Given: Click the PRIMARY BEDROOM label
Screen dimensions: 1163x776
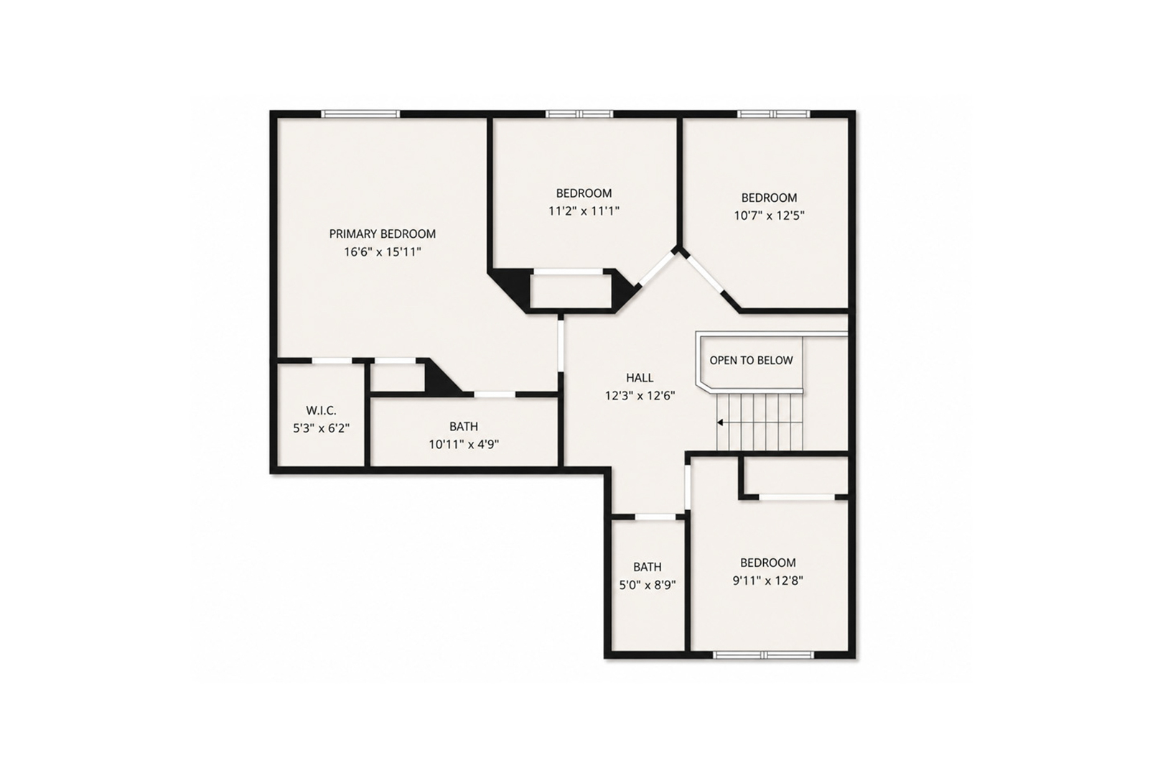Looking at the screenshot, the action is tap(382, 234).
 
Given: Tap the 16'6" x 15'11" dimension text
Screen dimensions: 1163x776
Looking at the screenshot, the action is tap(382, 252).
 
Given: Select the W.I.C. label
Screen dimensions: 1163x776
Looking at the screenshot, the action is tap(321, 410).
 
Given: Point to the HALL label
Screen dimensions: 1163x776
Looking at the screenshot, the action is tap(640, 378).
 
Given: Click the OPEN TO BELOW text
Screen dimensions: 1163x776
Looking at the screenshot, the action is tap(751, 360).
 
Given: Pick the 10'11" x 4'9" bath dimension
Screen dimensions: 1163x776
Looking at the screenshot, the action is tap(464, 444).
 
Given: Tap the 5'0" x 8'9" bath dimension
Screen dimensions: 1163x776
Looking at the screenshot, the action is tap(648, 585).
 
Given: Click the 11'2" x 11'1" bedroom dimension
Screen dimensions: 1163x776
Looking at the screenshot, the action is tap(584, 211).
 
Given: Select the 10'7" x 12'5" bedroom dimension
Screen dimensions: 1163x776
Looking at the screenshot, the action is tap(769, 215).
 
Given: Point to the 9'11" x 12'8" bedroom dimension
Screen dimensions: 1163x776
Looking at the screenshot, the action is tap(768, 580).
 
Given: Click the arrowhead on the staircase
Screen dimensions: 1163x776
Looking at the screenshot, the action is tap(720, 422).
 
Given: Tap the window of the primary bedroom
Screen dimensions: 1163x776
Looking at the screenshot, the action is tap(360, 114).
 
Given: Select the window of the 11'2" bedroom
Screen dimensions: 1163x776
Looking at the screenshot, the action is tap(579, 114).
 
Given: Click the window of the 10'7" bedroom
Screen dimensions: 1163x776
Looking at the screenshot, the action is tap(774, 114).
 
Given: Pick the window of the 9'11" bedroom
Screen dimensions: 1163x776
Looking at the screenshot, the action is tap(764, 655).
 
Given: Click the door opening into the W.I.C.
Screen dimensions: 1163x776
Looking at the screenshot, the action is tap(332, 361).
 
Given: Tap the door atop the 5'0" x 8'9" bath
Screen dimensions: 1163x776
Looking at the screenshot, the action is tap(655, 517).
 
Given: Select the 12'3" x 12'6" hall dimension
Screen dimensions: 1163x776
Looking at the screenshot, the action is tap(640, 396).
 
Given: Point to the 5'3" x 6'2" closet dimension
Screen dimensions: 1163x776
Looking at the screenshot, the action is tap(321, 428).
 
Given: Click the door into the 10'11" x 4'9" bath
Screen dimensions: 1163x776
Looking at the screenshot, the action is tap(494, 394).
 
